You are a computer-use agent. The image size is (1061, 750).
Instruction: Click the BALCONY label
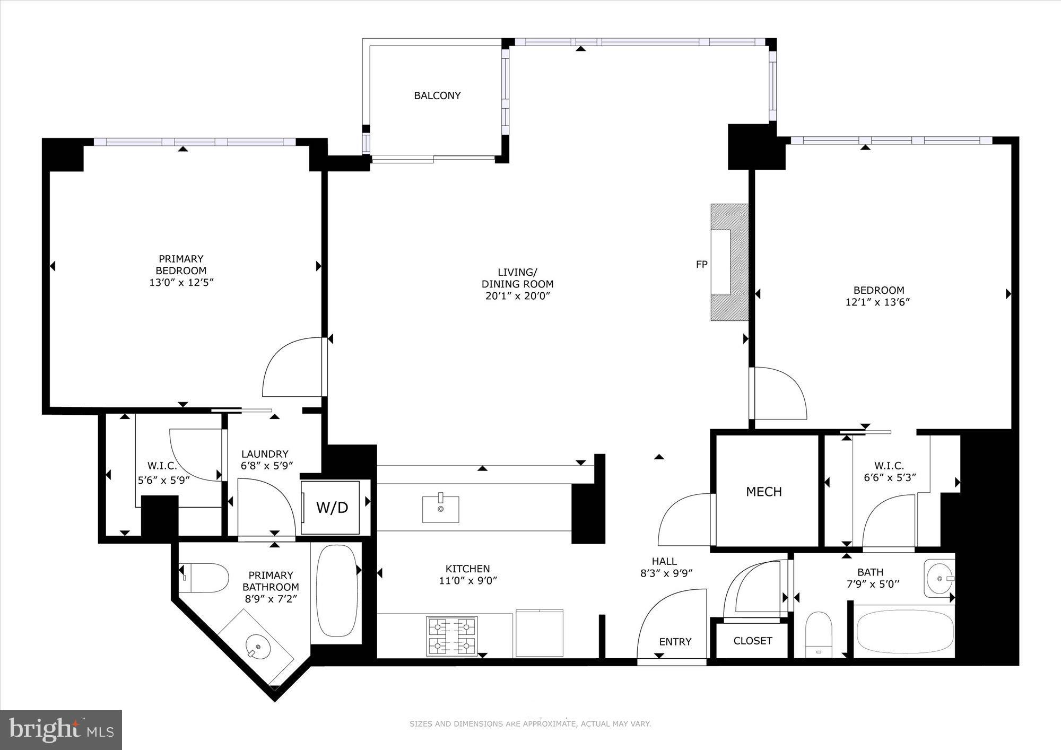tap(437, 95)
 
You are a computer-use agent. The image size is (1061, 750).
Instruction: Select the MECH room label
tap(764, 492)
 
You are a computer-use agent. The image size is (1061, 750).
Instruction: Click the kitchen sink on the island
tap(440, 509)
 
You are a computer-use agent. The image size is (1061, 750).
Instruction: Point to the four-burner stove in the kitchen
tap(452, 635)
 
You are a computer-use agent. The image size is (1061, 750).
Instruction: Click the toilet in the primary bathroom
tap(203, 578)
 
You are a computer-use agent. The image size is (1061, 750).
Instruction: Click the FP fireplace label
tap(702, 264)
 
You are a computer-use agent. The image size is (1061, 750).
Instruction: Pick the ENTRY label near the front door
tap(675, 642)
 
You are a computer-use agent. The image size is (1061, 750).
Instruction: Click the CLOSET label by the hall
tap(752, 641)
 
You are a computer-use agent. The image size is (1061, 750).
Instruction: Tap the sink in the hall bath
tap(940, 578)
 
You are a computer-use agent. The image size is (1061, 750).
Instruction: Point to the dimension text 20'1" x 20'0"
tap(517, 296)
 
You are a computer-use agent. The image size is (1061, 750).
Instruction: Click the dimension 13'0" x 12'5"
tap(181, 282)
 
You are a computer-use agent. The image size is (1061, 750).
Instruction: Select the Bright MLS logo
tap(62, 730)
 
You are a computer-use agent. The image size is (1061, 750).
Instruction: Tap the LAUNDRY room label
tap(265, 454)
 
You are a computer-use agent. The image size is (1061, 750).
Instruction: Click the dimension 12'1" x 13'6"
tap(878, 302)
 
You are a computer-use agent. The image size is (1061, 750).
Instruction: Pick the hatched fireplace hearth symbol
tap(729, 262)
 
